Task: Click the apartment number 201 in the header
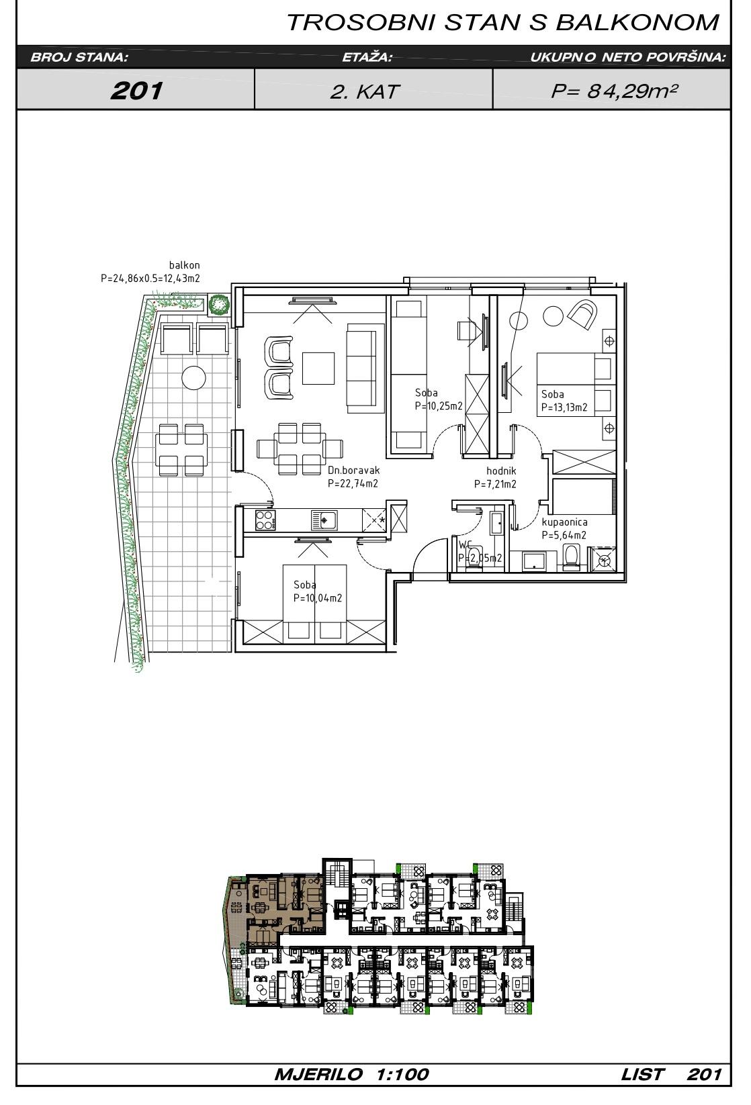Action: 137,91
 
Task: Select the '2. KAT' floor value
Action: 364,92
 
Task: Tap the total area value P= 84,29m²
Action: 614,91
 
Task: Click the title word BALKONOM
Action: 637,23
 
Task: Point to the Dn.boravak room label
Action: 353,470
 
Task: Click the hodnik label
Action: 501,471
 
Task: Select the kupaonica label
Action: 564,522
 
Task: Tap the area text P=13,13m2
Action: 564,407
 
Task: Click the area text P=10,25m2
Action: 439,406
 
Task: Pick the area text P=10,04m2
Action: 318,598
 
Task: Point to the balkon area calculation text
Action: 150,278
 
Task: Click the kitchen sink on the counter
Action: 324,520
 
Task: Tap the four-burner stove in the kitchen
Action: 265,520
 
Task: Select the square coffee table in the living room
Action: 318,368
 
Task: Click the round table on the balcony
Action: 193,378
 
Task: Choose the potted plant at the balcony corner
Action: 218,304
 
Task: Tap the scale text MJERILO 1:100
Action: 351,1074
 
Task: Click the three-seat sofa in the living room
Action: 365,368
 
